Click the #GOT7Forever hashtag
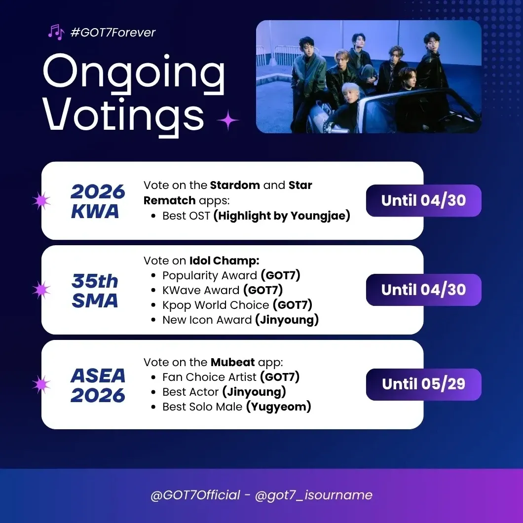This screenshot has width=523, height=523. (113, 33)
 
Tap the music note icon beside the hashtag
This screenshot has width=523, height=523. (56, 32)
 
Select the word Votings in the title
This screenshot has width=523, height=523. (123, 115)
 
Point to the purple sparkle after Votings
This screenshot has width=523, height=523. (228, 120)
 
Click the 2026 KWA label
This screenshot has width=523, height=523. (98, 201)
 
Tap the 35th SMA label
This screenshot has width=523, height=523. (95, 291)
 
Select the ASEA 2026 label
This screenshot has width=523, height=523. (98, 385)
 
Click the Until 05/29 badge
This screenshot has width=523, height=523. (424, 384)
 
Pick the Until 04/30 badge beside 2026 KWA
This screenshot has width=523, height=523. (424, 200)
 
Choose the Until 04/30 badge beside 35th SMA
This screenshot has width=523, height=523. (424, 290)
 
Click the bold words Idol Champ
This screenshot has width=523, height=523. (224, 261)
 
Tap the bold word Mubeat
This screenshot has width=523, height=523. (232, 362)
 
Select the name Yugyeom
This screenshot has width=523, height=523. (278, 407)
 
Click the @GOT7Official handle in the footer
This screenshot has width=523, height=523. (195, 495)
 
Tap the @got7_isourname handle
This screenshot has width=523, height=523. (313, 495)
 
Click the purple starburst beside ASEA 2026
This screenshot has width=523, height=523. (41, 384)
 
